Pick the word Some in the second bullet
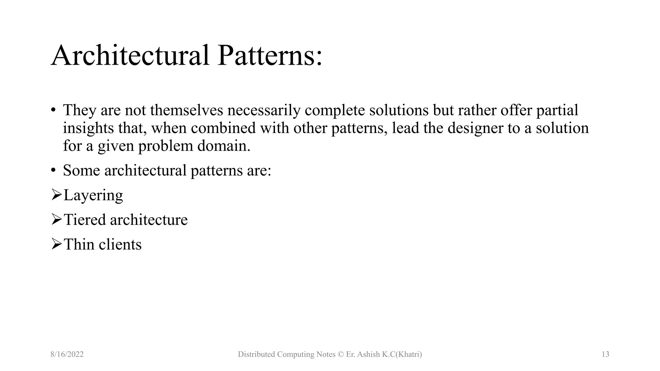coord(81,170)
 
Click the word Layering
coord(93,195)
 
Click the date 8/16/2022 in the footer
coord(67,355)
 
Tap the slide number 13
coord(605,355)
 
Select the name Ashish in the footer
coord(369,355)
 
